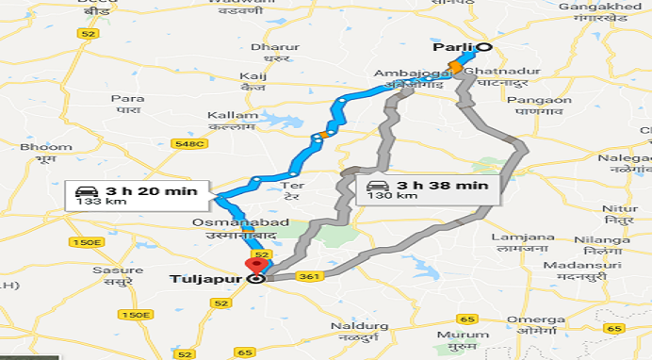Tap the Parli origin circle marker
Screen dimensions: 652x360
[483, 46]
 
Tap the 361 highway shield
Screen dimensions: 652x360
[308, 276]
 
